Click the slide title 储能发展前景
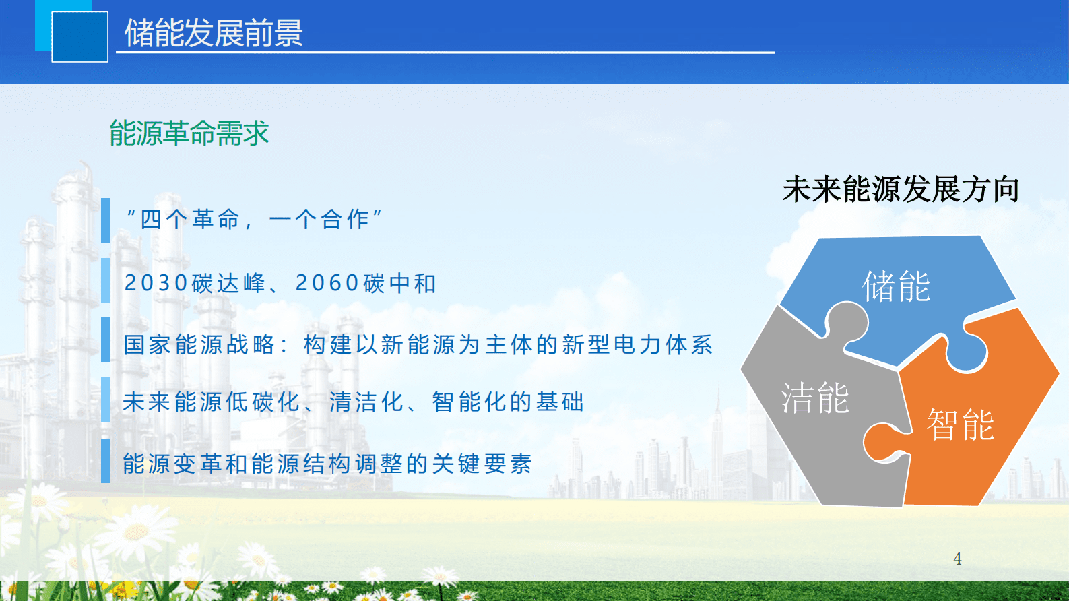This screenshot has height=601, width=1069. pos(214,33)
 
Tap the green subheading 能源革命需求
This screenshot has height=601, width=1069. pos(189,133)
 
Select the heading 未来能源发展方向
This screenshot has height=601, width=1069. pos(901,189)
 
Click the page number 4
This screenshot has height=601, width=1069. pos(957,559)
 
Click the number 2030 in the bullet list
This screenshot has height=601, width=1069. pos(156,284)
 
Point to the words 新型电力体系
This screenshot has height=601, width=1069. pos(637,345)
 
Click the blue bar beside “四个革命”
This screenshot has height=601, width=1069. pos(106,220)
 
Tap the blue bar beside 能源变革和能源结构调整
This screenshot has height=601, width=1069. pos(106,461)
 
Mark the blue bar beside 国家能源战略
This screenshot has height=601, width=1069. pos(106,340)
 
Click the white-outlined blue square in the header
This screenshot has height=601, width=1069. pos(79,37)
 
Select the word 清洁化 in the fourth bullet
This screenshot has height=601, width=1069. pos(367,402)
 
